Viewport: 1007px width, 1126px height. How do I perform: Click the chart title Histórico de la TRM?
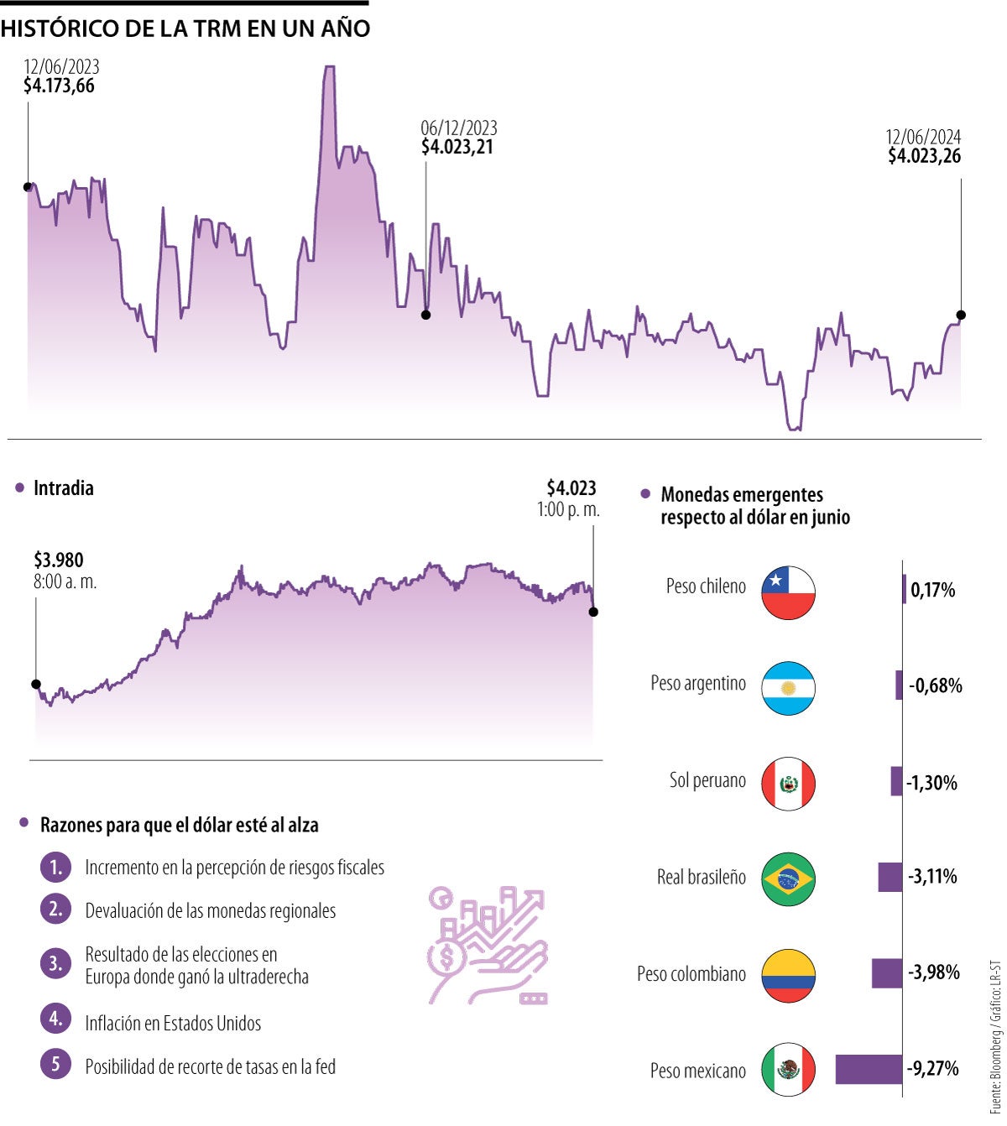tap(185, 29)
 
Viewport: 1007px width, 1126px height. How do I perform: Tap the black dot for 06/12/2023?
tap(425, 315)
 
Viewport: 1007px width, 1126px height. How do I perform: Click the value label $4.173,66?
tap(59, 86)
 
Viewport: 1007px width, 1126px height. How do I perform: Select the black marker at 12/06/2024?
tap(961, 315)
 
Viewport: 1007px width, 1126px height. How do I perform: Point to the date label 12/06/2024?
tap(923, 137)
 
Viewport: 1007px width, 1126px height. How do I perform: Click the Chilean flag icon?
tap(788, 592)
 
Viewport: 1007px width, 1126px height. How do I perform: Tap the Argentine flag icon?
tap(788, 688)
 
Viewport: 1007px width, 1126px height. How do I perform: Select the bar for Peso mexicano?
tap(869, 1069)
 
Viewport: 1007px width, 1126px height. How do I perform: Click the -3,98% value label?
tap(933, 973)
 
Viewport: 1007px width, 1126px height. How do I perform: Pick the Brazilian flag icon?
tap(788, 878)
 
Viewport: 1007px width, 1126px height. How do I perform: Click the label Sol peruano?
tap(707, 781)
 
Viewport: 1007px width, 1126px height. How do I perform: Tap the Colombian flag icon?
tap(788, 975)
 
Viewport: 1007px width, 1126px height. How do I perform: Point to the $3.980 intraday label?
tap(59, 560)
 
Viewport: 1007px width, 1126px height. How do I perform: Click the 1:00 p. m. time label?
tap(568, 509)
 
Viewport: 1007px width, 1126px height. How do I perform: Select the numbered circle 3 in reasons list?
tap(55, 964)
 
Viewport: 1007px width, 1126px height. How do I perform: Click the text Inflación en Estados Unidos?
tap(173, 1024)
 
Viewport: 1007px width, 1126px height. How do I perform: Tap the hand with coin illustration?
tap(487, 944)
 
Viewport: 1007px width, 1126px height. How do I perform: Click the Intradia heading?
tap(63, 488)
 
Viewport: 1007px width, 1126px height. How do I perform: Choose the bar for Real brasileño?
tap(890, 878)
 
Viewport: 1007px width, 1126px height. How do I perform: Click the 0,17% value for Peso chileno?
tap(932, 591)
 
